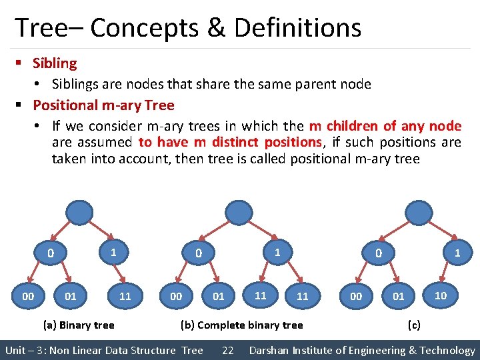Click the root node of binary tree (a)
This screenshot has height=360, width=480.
(79, 213)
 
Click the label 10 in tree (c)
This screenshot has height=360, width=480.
(441, 295)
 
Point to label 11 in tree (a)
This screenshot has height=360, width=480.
(125, 296)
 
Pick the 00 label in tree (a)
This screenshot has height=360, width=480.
(28, 296)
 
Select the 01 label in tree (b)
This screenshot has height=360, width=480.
(218, 296)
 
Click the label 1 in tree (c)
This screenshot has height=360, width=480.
(457, 253)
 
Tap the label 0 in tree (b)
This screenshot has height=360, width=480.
(198, 253)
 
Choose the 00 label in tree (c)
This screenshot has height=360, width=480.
(356, 296)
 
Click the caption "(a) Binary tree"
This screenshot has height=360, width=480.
(78, 325)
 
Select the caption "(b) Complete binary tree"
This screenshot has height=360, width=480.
(242, 325)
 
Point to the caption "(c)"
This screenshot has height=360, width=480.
(414, 325)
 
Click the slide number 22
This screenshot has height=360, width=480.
(227, 350)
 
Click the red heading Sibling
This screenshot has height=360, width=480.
(55, 63)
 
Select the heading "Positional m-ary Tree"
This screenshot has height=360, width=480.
(103, 105)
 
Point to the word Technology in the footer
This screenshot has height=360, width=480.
(447, 350)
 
